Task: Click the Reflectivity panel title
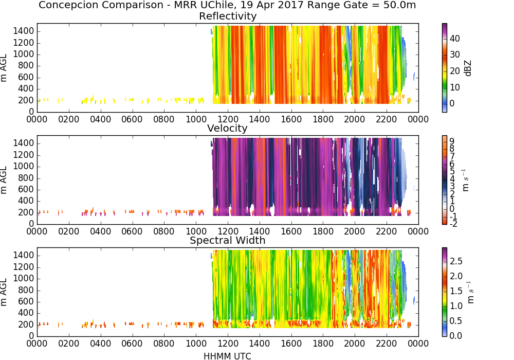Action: (228, 16)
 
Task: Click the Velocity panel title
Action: (227, 128)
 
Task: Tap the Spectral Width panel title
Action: (228, 240)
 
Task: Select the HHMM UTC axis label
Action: (227, 356)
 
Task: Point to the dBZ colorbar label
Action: (468, 68)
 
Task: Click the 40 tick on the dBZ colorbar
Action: (455, 39)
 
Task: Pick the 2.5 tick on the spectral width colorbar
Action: (456, 261)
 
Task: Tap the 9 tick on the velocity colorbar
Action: (452, 141)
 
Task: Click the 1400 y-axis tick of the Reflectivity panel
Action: (24, 31)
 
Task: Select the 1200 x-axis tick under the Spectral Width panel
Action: (228, 343)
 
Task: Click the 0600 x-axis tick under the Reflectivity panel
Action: (132, 119)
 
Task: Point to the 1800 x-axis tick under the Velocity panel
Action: (323, 231)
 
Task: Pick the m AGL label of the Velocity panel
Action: (4, 180)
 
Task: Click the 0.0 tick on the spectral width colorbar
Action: (456, 335)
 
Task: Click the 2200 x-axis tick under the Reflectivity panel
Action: (387, 119)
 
